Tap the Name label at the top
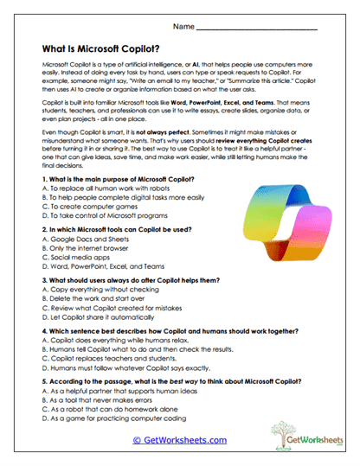coord(183,27)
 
